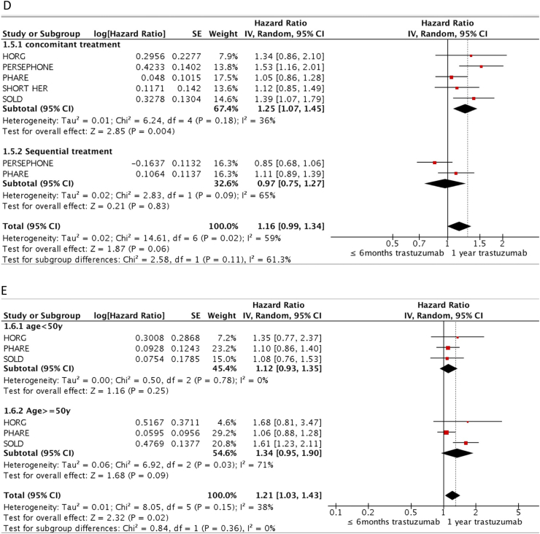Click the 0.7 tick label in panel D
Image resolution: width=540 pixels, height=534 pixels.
pyautogui.click(x=420, y=243)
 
